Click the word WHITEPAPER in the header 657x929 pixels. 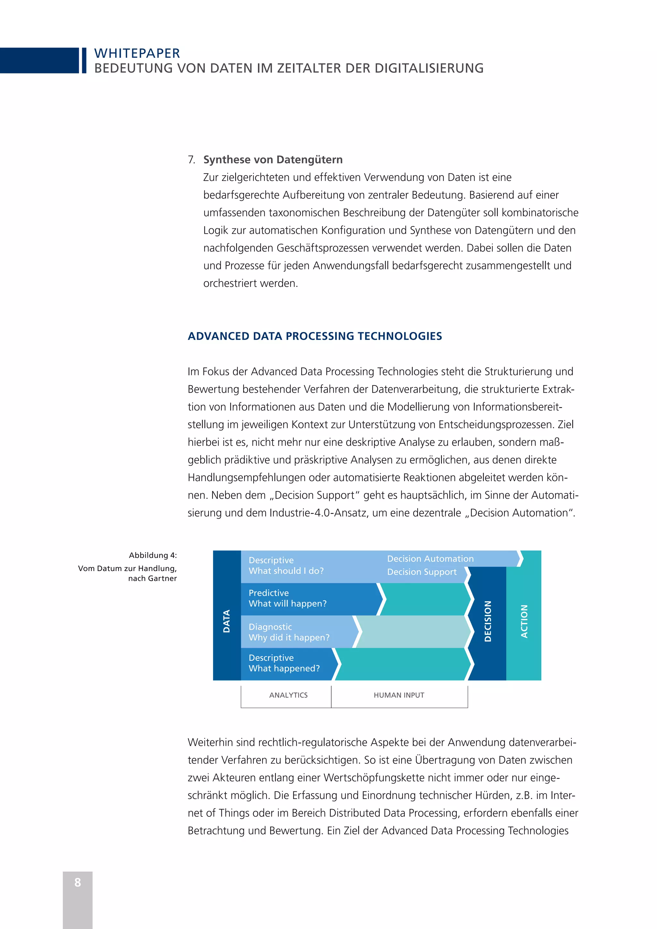[137, 53]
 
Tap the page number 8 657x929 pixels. [78, 882]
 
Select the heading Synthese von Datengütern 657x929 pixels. [273, 159]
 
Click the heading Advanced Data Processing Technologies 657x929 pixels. [315, 336]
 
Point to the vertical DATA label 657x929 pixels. [226, 621]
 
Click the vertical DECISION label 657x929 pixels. [488, 621]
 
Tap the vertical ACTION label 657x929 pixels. [524, 621]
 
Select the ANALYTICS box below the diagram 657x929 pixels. [288, 695]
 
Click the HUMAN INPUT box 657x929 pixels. [399, 695]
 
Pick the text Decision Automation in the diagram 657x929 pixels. [430, 559]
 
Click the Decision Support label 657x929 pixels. [422, 572]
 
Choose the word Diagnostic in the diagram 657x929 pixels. [270, 627]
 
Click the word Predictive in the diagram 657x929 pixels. [269, 593]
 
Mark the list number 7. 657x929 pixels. [191, 160]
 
